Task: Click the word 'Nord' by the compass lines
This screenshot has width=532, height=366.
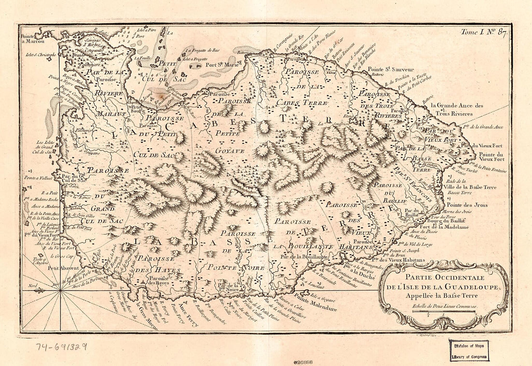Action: (33, 286)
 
